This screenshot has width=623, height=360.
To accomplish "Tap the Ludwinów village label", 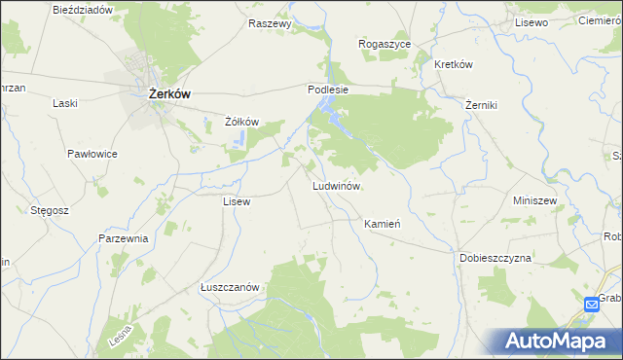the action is point(337,185).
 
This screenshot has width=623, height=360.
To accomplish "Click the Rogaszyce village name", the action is point(385,45).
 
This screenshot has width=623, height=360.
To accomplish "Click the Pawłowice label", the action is point(92,154).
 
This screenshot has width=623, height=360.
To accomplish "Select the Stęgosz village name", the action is point(49,209).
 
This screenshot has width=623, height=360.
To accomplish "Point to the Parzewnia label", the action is point(123,238).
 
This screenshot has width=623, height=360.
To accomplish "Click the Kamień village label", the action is point(383,224).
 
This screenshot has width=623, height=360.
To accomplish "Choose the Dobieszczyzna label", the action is point(495,259).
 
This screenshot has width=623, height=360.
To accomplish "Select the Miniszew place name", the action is point(534,200).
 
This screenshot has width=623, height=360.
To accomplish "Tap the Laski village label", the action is point(65,103).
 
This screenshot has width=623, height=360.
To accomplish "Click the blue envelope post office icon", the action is point(592,306).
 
